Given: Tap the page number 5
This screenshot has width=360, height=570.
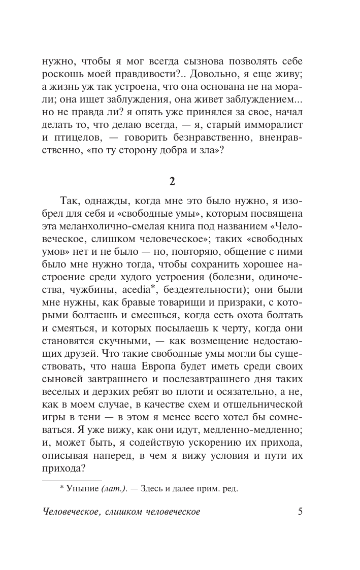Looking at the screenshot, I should pos(300,512).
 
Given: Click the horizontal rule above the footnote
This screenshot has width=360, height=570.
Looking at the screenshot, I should pos(71,480).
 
